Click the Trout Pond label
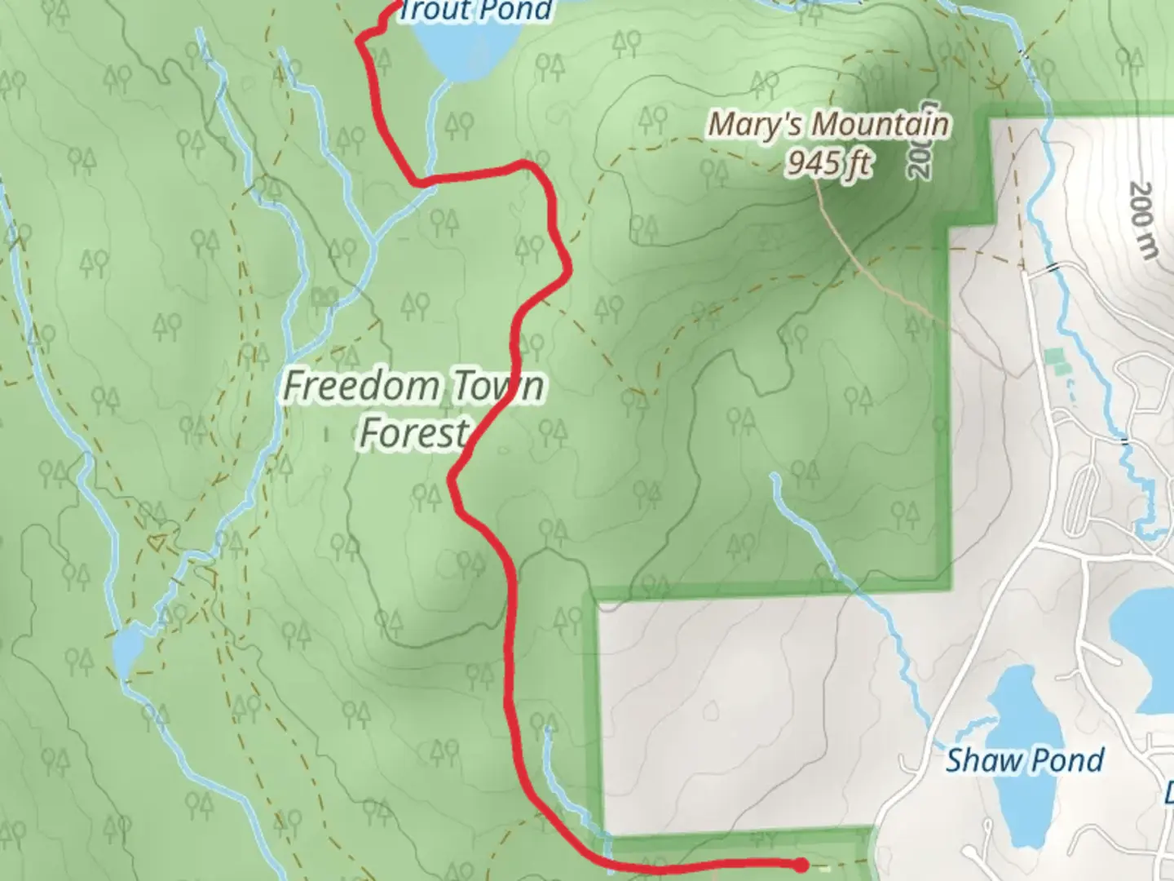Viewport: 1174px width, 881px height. click(x=475, y=11)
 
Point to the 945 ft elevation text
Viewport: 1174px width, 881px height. click(x=828, y=164)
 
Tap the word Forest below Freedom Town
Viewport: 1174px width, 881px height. click(x=414, y=432)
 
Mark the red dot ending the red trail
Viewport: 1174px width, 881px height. click(x=801, y=864)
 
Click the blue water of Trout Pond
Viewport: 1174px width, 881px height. click(x=465, y=53)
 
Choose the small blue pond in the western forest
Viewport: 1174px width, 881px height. click(x=127, y=649)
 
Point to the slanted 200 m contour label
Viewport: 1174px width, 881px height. click(x=1143, y=221)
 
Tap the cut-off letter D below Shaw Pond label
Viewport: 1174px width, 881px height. click(x=1167, y=792)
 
